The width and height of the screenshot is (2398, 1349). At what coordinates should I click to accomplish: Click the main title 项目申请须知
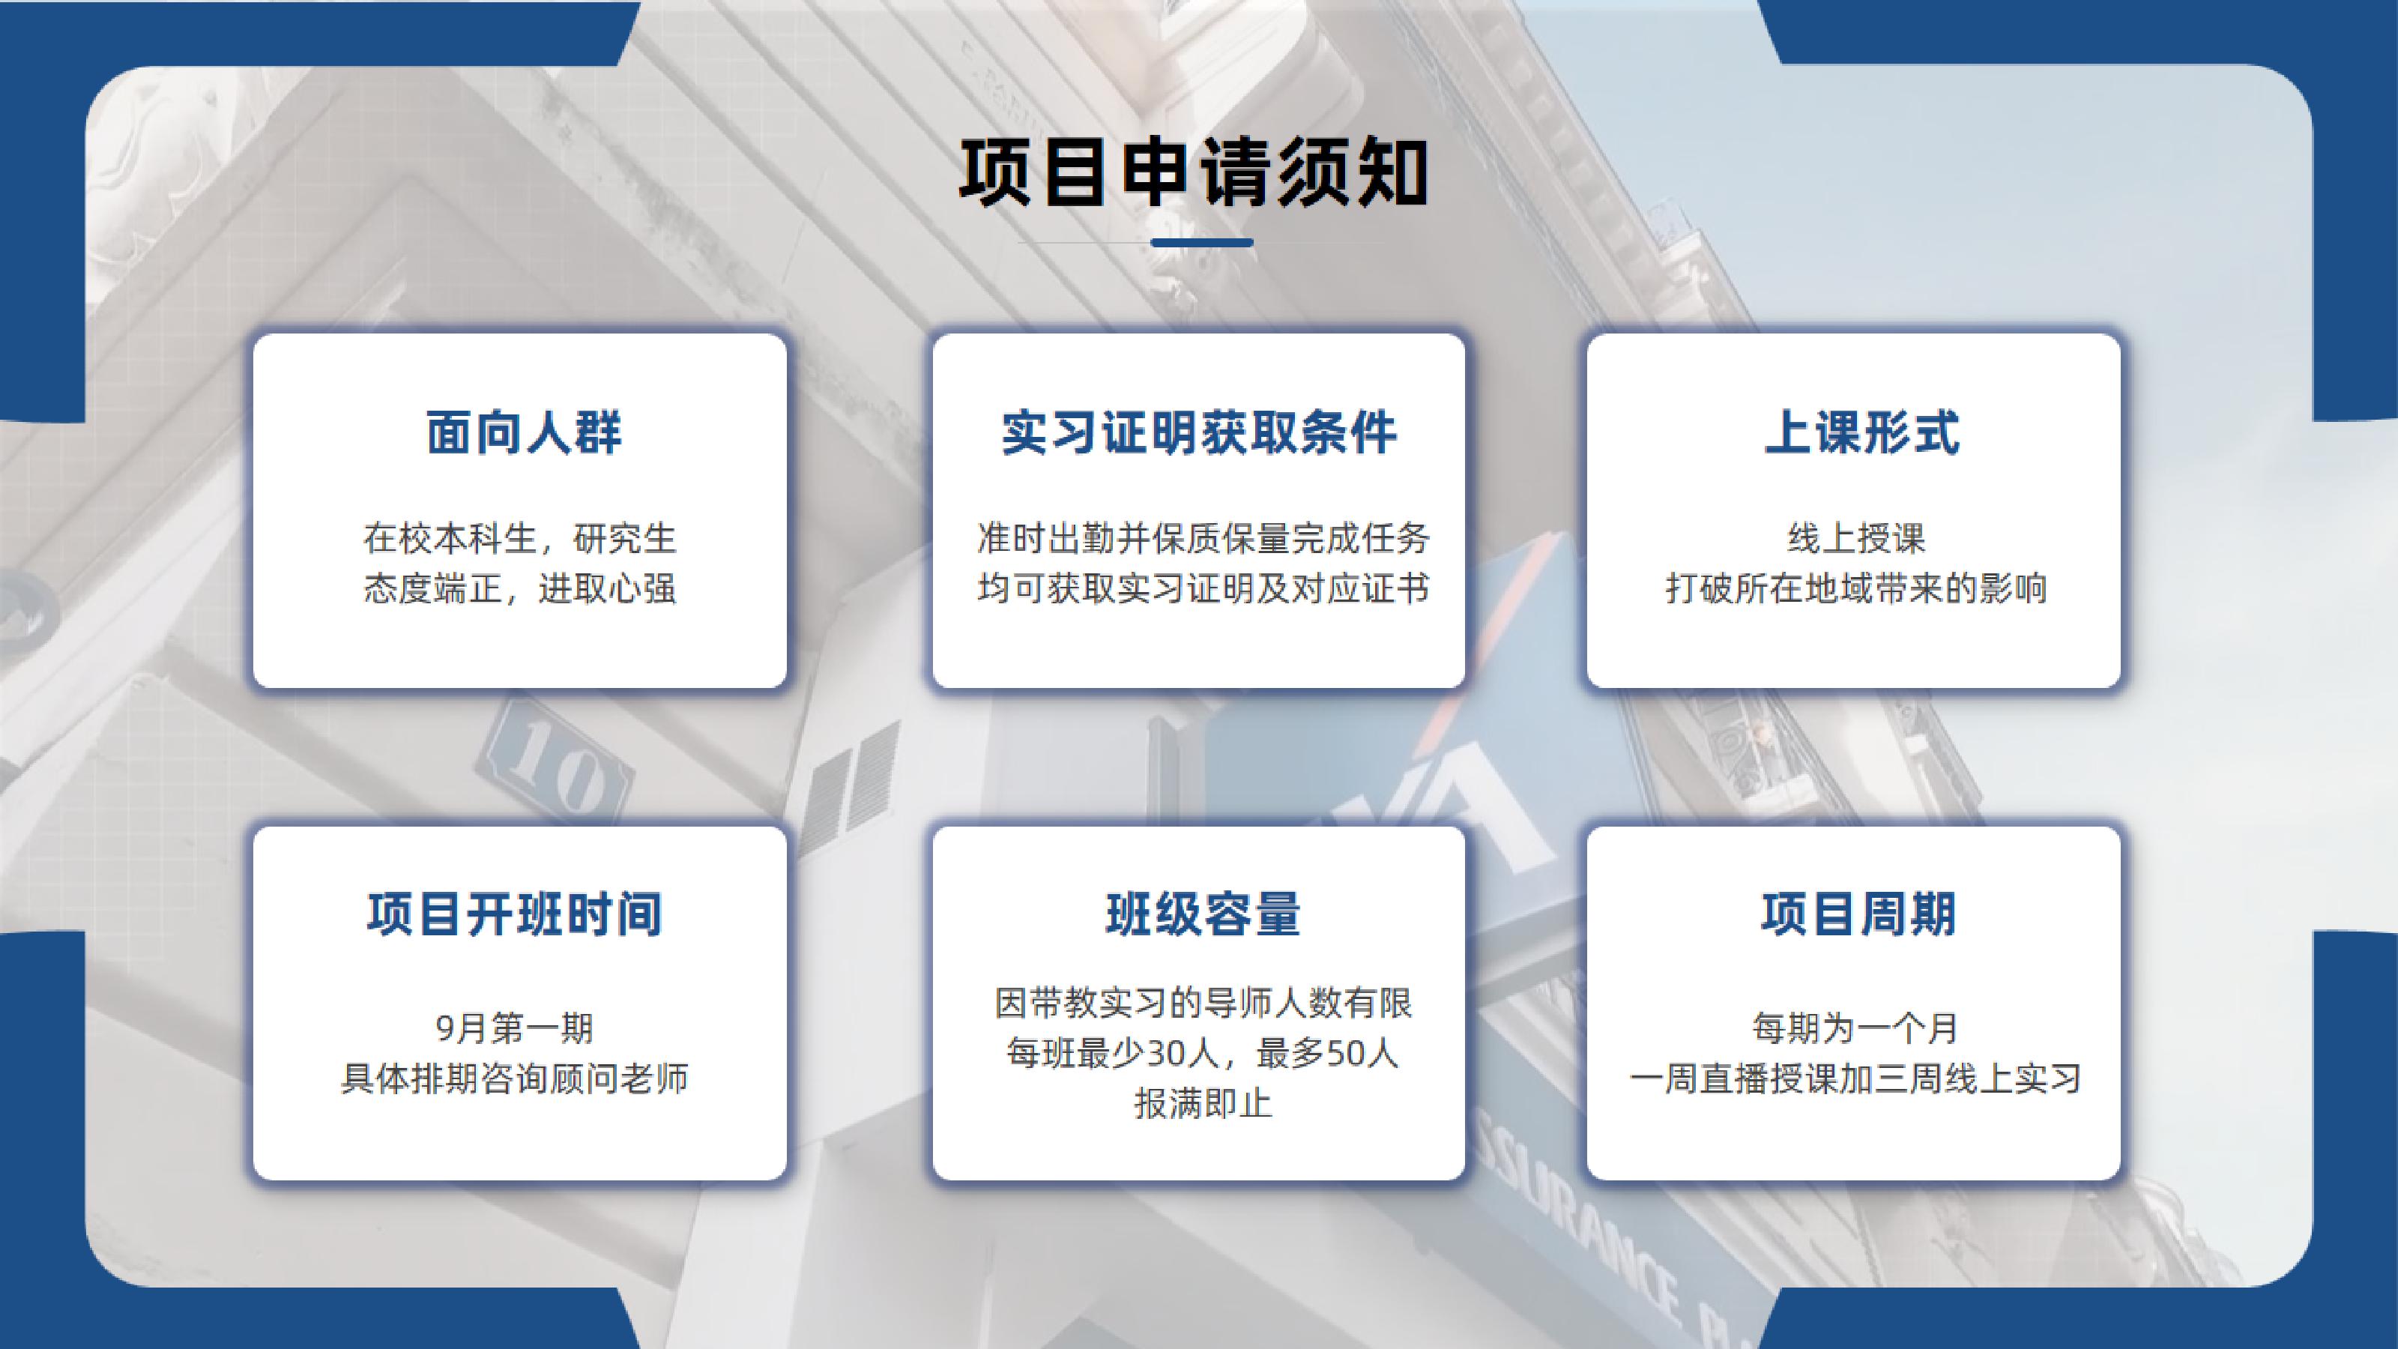click(x=1195, y=173)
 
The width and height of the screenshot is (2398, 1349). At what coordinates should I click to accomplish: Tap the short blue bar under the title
click(x=1202, y=243)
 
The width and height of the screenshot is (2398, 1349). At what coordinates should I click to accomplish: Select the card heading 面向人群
click(x=524, y=433)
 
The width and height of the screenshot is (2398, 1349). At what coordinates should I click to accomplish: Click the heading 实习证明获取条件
click(x=1199, y=433)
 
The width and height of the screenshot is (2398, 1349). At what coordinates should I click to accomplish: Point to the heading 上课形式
click(x=1861, y=433)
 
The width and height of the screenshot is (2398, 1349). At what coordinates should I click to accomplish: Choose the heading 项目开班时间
click(x=515, y=914)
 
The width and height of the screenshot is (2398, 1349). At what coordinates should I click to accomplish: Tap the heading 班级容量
click(x=1203, y=914)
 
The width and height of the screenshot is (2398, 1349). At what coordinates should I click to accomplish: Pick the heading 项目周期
click(x=1858, y=914)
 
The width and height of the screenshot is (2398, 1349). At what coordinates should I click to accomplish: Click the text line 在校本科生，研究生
click(x=519, y=538)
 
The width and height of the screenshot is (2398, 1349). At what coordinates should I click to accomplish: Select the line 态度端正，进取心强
click(x=519, y=588)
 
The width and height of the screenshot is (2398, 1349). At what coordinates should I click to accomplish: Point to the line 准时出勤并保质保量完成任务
click(x=1203, y=538)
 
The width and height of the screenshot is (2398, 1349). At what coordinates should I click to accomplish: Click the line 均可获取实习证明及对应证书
click(x=1203, y=588)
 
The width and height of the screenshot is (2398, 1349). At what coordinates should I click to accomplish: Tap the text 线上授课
click(x=1856, y=538)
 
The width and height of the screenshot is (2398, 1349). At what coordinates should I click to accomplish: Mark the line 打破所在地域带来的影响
click(x=1856, y=588)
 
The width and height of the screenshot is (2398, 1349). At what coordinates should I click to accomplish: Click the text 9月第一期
click(x=515, y=1029)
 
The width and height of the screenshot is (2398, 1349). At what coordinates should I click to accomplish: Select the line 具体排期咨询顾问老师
click(x=515, y=1079)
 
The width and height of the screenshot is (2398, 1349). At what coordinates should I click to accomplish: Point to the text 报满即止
click(x=1203, y=1104)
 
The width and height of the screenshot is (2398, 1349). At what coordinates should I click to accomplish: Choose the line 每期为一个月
click(x=1856, y=1029)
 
